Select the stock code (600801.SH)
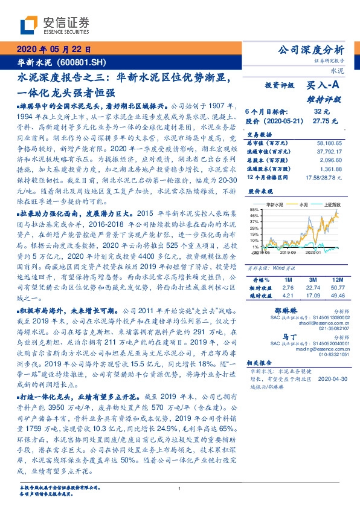coord(85,62)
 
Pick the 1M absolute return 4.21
coord(288,296)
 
